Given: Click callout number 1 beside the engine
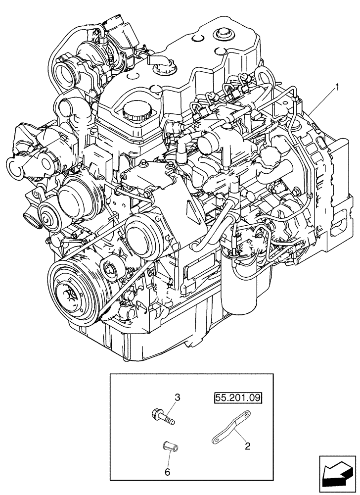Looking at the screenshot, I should [338, 88].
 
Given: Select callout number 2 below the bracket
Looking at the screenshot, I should [248, 446].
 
